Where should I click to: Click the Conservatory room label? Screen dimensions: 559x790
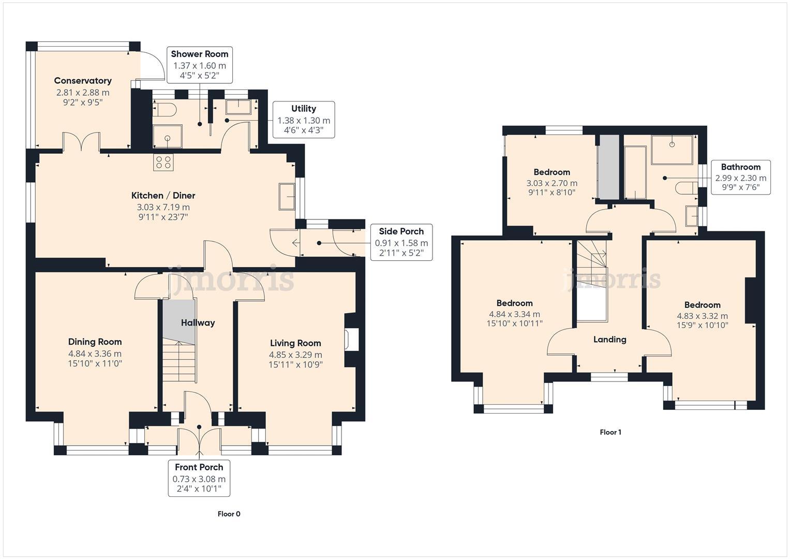click(x=83, y=81)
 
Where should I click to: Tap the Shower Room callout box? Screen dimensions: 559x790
click(x=199, y=65)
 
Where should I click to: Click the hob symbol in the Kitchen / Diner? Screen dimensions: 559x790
click(x=163, y=163)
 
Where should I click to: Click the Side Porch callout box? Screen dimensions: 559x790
click(x=401, y=242)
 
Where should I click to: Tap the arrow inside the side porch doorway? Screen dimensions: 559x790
click(x=295, y=242)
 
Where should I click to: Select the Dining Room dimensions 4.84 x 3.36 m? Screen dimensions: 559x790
click(x=95, y=354)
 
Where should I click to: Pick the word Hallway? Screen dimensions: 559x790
click(x=198, y=323)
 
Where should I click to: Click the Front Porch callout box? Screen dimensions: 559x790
click(x=199, y=479)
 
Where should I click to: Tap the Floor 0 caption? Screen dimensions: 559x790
click(x=229, y=514)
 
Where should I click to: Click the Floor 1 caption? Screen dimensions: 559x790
click(x=610, y=432)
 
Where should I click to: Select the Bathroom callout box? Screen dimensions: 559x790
click(x=740, y=177)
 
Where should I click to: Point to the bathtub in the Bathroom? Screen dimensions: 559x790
click(x=635, y=172)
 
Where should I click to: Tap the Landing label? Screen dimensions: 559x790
click(x=609, y=340)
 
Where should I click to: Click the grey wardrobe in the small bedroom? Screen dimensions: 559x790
click(x=608, y=167)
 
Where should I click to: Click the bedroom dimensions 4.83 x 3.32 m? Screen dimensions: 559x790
click(x=702, y=316)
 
